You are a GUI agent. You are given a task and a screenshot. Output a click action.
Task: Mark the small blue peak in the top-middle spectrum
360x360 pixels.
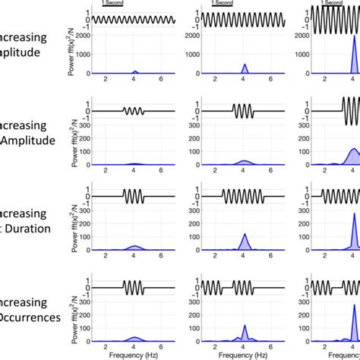(x=245, y=69)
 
